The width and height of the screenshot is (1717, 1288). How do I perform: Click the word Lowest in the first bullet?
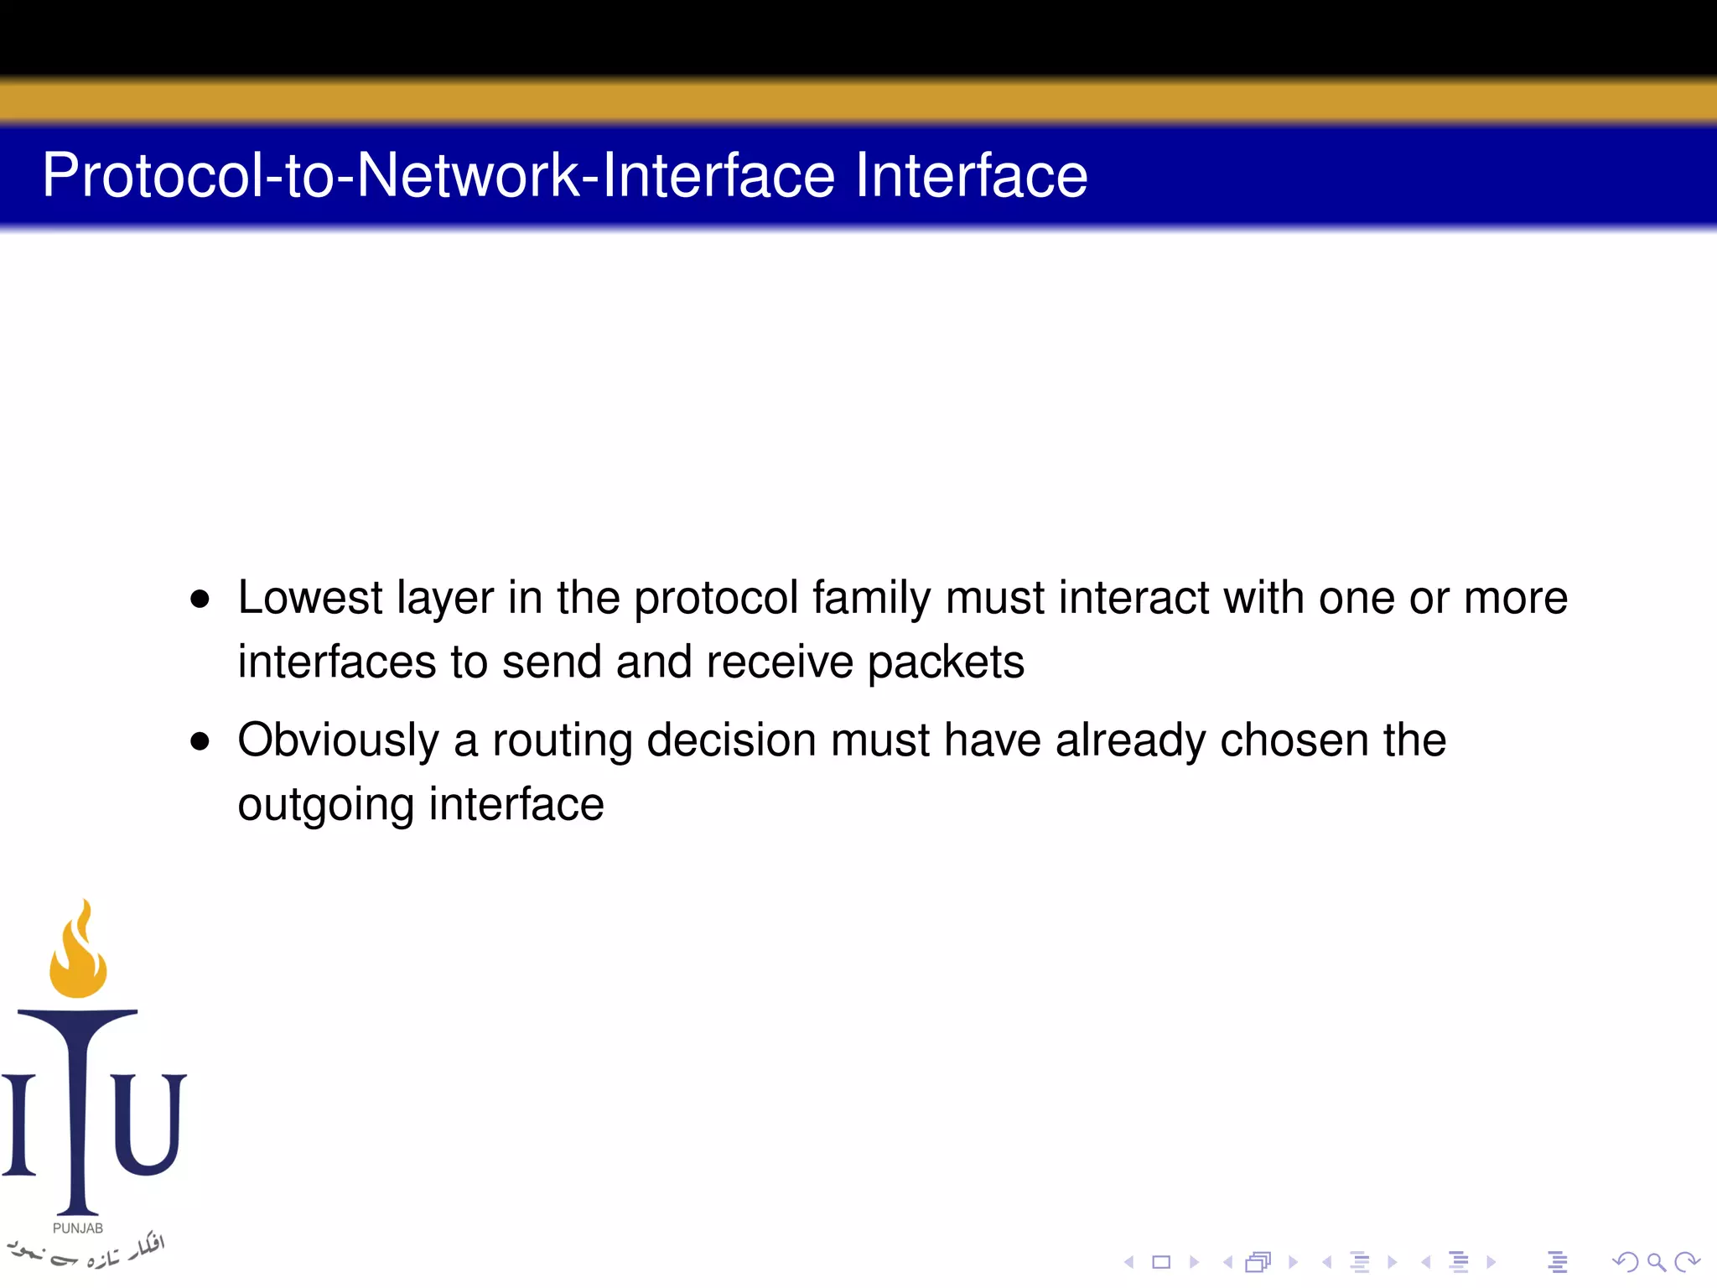[310, 598]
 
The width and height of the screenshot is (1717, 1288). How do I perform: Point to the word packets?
[946, 663]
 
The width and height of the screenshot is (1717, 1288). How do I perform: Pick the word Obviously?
[339, 741]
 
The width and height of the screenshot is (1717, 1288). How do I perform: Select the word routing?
[562, 741]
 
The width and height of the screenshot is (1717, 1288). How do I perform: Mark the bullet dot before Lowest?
[200, 600]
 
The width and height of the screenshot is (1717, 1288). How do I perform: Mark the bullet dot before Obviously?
[200, 741]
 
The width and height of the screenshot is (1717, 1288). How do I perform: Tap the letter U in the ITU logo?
[148, 1124]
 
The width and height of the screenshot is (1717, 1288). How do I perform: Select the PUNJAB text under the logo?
[78, 1228]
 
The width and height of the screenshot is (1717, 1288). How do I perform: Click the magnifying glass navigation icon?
[1656, 1262]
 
